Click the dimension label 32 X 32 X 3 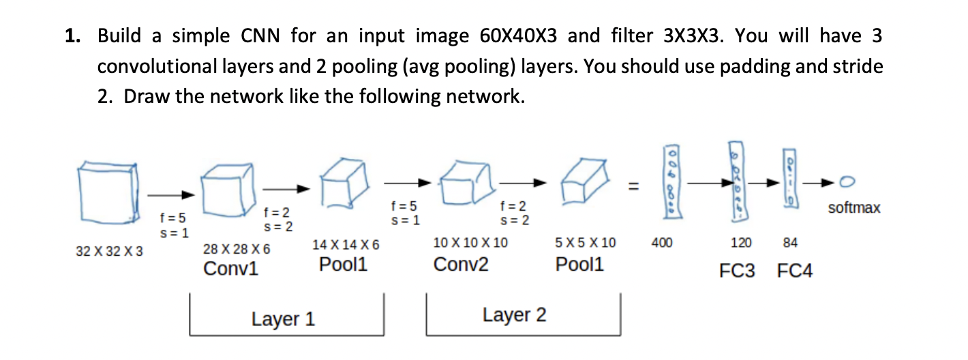[x=110, y=252]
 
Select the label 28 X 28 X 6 [x=237, y=250]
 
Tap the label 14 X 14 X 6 [x=346, y=245]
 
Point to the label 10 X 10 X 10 [x=470, y=242]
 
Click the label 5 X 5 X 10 [x=586, y=242]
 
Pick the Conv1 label [x=231, y=269]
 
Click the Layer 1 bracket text [x=283, y=319]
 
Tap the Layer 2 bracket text [x=514, y=315]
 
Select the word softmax [x=854, y=207]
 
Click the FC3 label [x=738, y=271]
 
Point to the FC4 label [x=795, y=271]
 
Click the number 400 [x=662, y=242]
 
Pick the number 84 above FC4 [x=790, y=242]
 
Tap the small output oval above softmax [x=848, y=182]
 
